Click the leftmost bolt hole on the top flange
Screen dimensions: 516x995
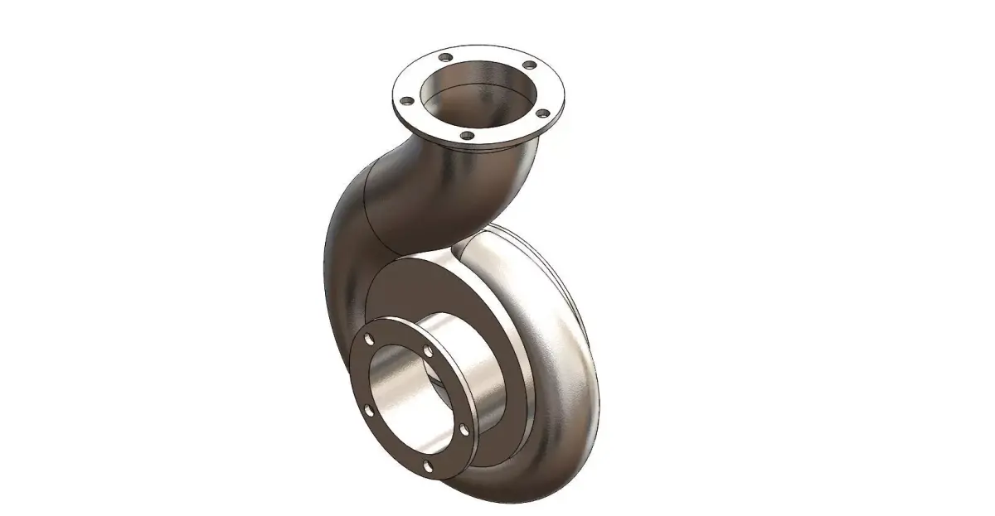coord(407,101)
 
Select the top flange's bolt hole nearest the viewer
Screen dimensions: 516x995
coord(468,134)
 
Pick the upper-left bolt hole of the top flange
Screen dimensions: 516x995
coord(445,58)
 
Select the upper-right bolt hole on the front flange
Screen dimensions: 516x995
coord(428,352)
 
